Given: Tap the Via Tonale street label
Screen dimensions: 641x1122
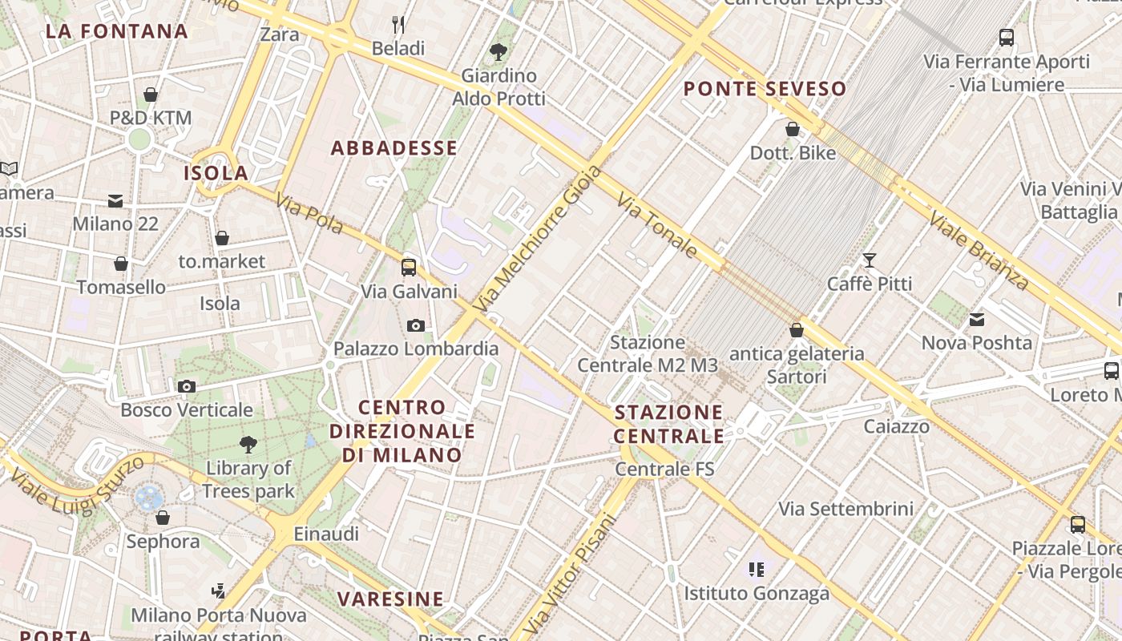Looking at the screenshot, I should click(656, 225).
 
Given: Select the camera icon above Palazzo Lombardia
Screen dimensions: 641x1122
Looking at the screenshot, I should click(415, 325).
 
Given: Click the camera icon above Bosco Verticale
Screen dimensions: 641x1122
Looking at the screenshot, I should click(186, 387).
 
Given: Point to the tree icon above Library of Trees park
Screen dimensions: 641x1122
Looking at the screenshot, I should click(248, 444).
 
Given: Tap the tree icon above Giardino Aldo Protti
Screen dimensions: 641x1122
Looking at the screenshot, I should click(498, 52).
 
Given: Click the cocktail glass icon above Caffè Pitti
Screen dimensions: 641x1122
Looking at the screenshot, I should click(869, 260).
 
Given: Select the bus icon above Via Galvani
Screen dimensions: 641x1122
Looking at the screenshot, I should click(409, 267).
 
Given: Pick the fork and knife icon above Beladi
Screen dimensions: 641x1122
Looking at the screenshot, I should click(398, 24).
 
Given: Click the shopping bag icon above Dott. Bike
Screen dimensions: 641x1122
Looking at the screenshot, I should click(792, 128).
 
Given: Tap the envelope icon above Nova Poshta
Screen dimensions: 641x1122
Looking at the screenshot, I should click(976, 319).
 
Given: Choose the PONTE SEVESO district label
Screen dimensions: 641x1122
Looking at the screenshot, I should click(765, 89).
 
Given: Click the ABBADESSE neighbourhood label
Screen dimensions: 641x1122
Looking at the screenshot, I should click(394, 148).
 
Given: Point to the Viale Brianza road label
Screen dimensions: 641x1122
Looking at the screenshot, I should click(978, 250).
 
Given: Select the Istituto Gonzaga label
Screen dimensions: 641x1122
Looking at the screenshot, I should click(756, 594).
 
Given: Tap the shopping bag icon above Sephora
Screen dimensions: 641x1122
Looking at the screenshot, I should click(162, 518).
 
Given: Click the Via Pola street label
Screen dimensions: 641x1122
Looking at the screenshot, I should click(309, 214).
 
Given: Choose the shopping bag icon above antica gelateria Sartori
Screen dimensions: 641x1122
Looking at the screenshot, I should click(796, 329).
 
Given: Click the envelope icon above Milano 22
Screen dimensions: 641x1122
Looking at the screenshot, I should click(115, 200).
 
